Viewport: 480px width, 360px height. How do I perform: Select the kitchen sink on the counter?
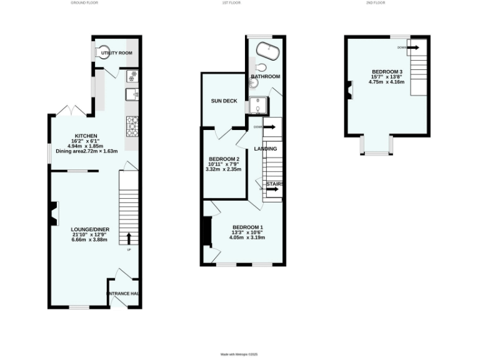pos(132,94)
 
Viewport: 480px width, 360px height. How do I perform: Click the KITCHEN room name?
pos(86,136)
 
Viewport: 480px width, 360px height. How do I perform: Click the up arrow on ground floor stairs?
pos(129,238)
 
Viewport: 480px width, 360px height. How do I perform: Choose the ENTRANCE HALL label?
pos(124,294)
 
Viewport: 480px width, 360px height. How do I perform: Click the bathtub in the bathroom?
pos(269,47)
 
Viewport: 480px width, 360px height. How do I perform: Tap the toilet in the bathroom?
pos(261,68)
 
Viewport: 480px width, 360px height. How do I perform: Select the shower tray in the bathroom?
pos(257,107)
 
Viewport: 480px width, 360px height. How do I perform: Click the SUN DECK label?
pos(223,101)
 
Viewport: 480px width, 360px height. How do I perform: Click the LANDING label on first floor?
pos(265,148)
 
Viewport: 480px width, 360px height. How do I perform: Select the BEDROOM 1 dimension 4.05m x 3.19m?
pos(247,237)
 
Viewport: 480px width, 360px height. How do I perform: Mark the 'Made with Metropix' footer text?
pos(239,354)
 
